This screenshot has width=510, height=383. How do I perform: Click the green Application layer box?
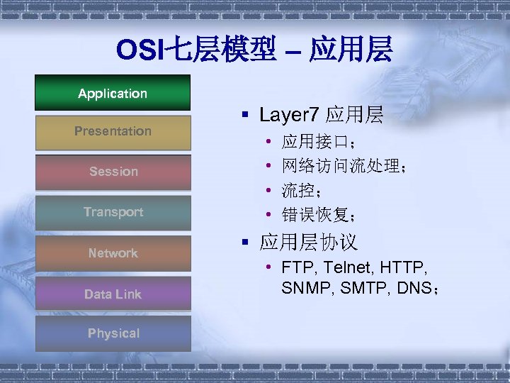113,93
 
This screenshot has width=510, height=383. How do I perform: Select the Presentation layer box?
113,131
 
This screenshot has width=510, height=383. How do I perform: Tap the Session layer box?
113,172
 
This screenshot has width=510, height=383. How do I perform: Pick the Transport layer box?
113,212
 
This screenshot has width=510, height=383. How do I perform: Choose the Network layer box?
113,253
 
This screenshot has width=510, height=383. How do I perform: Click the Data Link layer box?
113,294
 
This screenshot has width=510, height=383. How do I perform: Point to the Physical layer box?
113,333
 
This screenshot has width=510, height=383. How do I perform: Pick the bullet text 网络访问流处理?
340,167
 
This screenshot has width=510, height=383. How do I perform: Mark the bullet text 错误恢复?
315,213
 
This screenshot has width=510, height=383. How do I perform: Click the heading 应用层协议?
308,243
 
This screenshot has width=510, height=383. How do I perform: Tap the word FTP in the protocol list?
296,268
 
